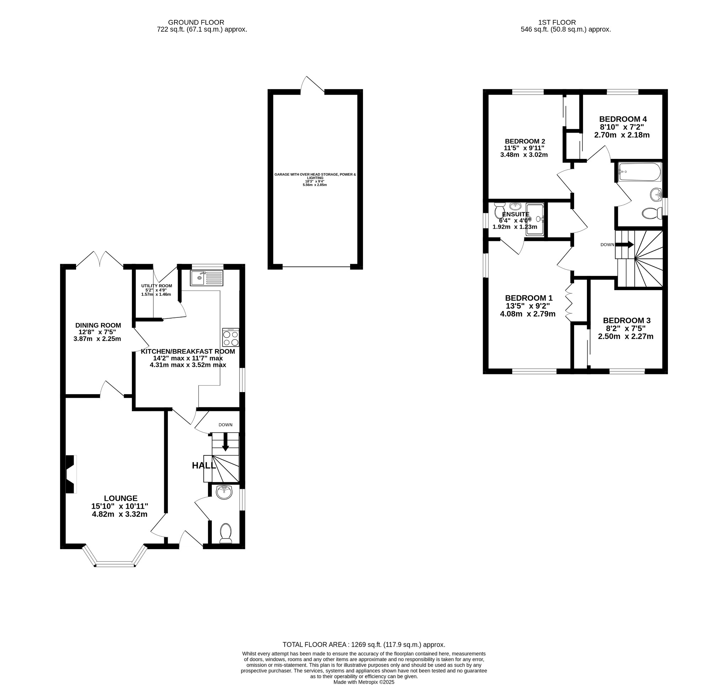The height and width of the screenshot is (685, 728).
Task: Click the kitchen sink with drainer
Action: point(207,278)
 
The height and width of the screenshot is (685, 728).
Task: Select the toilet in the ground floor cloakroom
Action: point(226,534)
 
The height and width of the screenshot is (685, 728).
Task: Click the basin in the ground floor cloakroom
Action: point(224,493)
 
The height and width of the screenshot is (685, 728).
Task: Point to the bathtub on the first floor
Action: point(639,172)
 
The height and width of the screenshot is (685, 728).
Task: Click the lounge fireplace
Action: point(71,475)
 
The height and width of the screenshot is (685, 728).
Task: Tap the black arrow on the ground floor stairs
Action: point(226,442)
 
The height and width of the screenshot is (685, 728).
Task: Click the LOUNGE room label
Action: point(121,498)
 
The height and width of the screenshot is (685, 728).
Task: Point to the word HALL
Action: point(204,466)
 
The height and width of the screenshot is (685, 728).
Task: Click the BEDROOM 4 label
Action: point(622,119)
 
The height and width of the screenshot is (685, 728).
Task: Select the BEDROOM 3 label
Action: point(627,321)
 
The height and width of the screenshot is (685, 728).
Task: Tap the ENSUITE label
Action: point(515,214)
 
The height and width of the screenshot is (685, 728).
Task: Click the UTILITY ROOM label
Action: point(156,286)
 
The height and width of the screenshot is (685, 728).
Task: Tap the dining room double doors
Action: point(100,258)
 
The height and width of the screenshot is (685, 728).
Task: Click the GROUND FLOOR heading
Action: point(196,22)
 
